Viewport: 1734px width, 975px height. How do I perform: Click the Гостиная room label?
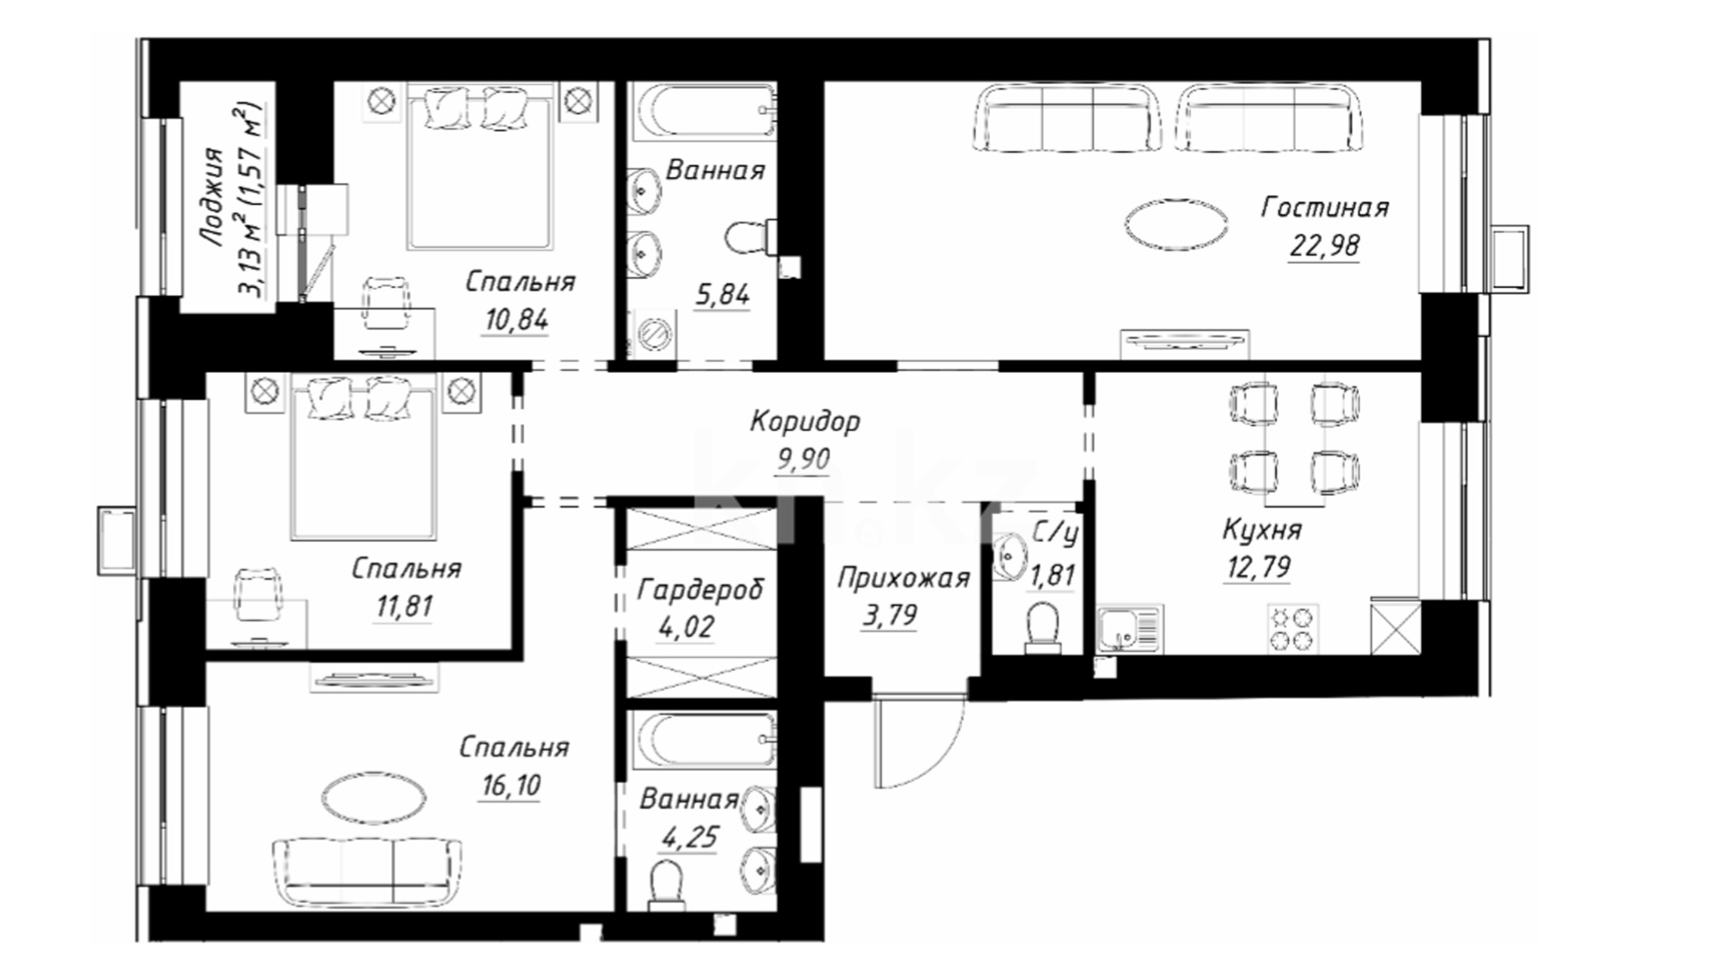1324,208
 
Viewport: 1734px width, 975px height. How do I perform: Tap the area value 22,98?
1324,246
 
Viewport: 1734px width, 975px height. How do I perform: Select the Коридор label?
805,422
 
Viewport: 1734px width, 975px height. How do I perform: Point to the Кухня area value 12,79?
1257,568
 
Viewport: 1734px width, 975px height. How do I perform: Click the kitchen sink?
1130,629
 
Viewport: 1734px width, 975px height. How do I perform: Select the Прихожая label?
903,579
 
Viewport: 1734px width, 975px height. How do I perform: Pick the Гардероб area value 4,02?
686,627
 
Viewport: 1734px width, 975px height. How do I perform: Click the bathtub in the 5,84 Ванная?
703,112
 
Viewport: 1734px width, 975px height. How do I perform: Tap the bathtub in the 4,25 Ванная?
703,740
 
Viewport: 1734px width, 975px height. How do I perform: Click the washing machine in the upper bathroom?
652,334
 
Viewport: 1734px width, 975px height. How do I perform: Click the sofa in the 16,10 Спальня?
368,871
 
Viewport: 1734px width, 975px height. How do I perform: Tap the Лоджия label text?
213,197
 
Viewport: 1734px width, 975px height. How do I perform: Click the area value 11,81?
405,607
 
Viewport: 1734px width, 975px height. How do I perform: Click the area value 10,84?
516,320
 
